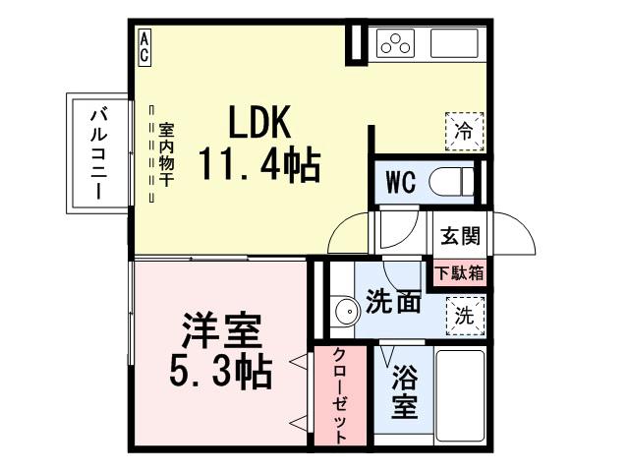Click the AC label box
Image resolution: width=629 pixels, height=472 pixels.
pyautogui.click(x=144, y=47)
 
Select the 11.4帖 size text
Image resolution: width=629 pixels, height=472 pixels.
pyautogui.click(x=259, y=163)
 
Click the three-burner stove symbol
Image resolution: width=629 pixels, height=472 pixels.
pyautogui.click(x=397, y=43)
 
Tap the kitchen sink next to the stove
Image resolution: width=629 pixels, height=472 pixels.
pyautogui.click(x=455, y=43)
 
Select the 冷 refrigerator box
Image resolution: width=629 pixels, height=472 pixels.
pyautogui.click(x=464, y=130)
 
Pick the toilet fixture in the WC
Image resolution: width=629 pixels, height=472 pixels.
pyautogui.click(x=458, y=182)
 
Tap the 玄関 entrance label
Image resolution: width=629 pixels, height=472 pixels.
pyautogui.click(x=460, y=236)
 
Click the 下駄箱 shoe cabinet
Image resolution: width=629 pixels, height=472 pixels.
pyautogui.click(x=460, y=272)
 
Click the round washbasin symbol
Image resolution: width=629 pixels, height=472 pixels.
pyautogui.click(x=345, y=313)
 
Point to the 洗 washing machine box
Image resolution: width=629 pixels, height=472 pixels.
pyautogui.click(x=464, y=316)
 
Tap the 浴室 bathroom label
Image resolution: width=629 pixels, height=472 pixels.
pyautogui.click(x=402, y=390)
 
